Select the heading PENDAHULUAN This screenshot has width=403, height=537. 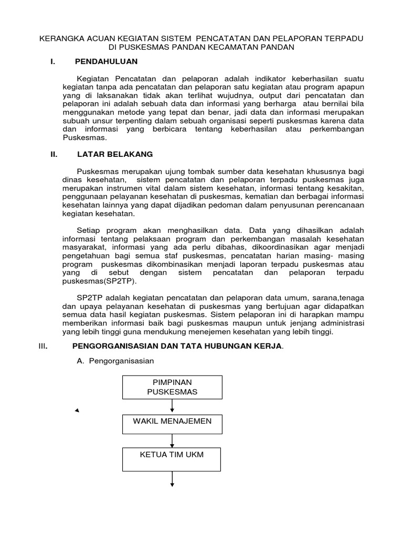coord(106,61)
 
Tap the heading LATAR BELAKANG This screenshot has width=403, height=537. coord(115,154)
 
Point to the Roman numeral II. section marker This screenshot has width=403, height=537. coord(53,154)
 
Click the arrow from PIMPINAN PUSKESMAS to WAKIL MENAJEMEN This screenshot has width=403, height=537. coord(172,406)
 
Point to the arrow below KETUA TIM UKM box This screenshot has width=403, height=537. coord(172,479)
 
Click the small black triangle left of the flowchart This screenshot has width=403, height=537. coord(77,411)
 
